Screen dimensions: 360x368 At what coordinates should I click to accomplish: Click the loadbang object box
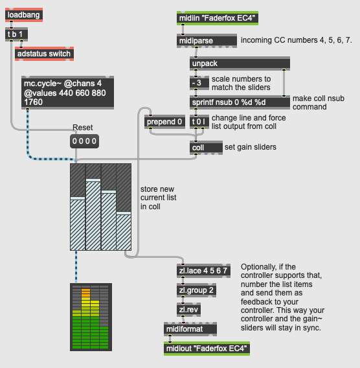click(24, 15)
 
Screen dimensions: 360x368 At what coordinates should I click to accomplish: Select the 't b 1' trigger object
click(16, 34)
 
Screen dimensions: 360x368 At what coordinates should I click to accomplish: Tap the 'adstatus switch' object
click(44, 54)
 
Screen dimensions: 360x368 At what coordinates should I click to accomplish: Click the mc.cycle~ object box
click(67, 93)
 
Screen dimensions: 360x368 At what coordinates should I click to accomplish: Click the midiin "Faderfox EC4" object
click(218, 18)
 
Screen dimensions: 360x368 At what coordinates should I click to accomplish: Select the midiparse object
click(207, 41)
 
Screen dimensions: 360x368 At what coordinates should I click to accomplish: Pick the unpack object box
click(240, 63)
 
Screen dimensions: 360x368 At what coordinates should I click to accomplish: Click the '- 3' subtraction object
click(199, 83)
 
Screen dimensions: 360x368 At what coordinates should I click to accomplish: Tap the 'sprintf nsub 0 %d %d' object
click(240, 102)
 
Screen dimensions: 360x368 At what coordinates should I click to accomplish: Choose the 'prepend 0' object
click(164, 122)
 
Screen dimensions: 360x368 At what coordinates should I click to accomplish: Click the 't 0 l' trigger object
click(199, 122)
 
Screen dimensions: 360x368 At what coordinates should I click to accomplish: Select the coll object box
click(206, 148)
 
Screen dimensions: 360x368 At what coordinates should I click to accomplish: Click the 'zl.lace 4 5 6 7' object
click(203, 271)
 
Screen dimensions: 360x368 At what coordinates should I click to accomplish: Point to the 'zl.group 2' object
click(197, 290)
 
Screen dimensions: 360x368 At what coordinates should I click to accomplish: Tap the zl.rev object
click(188, 310)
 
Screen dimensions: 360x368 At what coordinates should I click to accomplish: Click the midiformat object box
click(190, 329)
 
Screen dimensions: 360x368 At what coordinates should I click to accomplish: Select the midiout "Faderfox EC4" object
click(207, 349)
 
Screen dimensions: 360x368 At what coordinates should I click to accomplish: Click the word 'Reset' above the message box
click(82, 128)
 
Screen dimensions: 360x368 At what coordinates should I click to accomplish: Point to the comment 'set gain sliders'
click(251, 147)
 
